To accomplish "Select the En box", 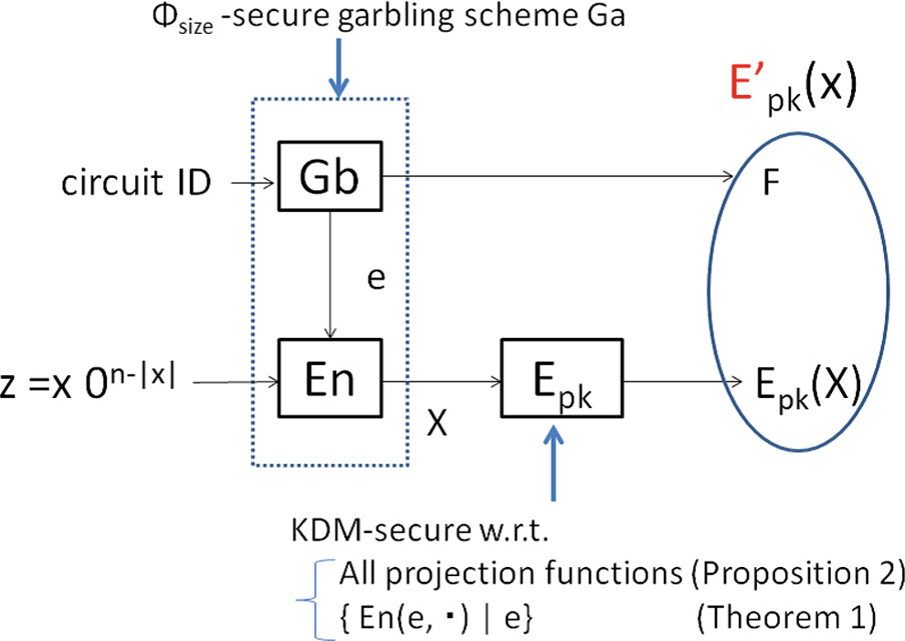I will (x=331, y=378).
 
